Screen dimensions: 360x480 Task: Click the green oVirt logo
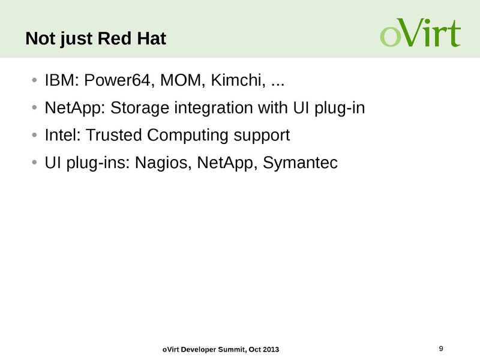coord(420,34)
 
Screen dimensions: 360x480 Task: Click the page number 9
coord(441,349)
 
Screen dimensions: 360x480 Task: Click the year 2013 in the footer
coord(269,350)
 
